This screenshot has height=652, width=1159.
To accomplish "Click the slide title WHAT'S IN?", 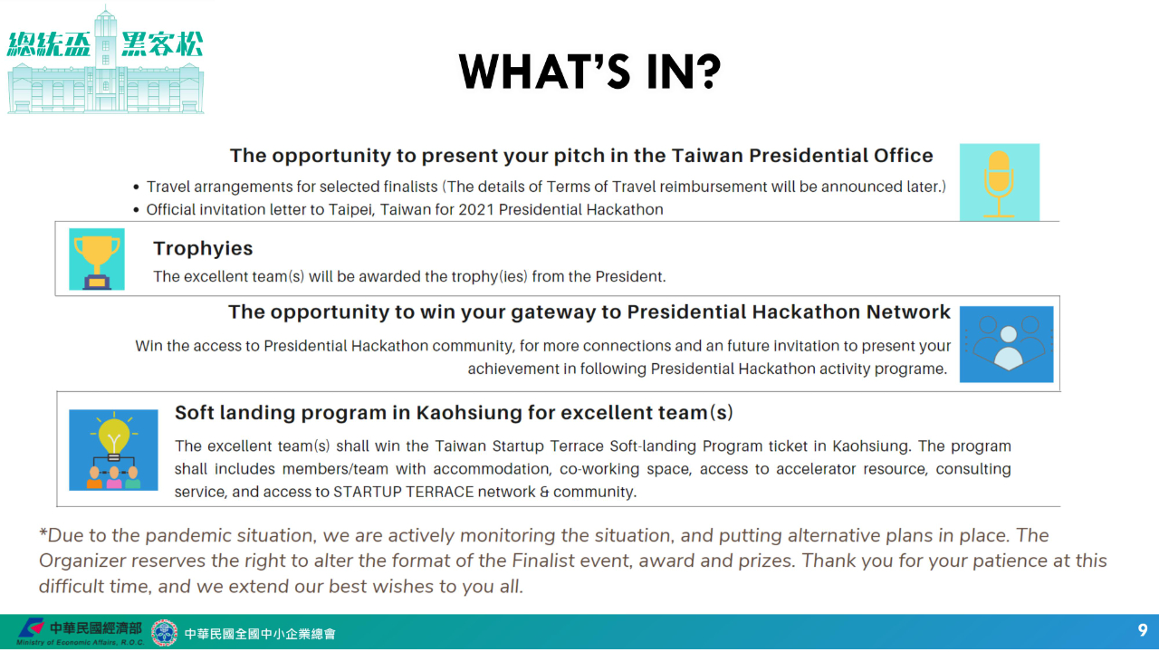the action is tap(589, 72).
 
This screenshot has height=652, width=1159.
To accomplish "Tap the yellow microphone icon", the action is tap(999, 183).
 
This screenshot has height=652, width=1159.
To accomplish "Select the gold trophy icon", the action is tap(97, 259).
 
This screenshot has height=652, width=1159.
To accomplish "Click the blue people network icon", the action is tap(1006, 344).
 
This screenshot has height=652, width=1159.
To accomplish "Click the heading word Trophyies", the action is tap(203, 249).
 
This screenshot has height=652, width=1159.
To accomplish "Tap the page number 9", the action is tap(1143, 630).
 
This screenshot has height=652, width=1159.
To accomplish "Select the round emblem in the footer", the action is tap(164, 633).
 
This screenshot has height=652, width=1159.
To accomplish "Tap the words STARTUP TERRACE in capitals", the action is tap(404, 492).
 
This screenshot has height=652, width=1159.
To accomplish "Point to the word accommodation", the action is tap(492, 469).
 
